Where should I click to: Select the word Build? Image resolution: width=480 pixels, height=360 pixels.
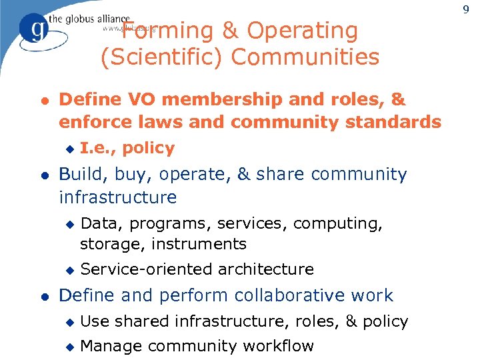coord(85,174)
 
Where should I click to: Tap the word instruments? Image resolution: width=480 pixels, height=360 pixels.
coord(199,244)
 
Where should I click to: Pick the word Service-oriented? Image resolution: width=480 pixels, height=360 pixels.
coord(137,269)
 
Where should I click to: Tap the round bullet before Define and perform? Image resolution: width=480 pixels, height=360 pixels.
coord(45,295)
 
